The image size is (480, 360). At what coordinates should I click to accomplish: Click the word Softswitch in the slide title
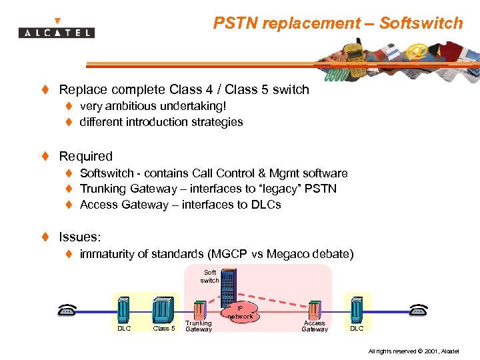tap(421, 23)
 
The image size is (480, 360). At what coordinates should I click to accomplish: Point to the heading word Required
tap(86, 156)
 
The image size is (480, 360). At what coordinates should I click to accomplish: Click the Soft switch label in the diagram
tap(210, 276)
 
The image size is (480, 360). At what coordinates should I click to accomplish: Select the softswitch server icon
tap(229, 287)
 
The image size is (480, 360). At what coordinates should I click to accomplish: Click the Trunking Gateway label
tap(199, 327)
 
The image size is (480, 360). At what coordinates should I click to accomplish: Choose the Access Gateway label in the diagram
tap(315, 327)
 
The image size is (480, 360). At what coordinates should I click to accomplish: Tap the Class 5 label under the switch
tap(164, 328)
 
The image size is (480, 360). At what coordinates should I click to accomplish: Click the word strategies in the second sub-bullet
tap(217, 122)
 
